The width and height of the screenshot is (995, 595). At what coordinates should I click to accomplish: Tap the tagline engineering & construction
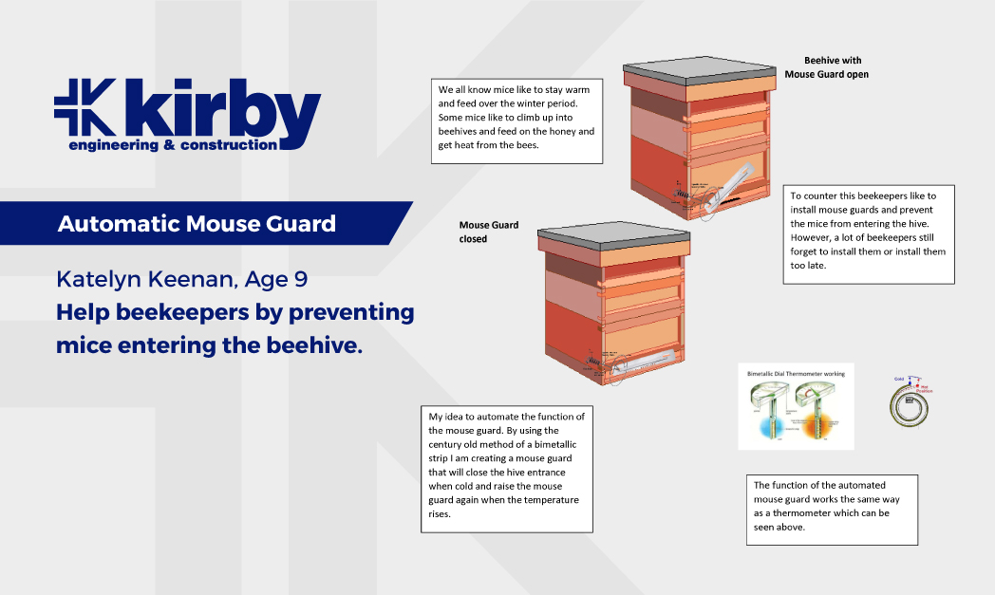coord(173,145)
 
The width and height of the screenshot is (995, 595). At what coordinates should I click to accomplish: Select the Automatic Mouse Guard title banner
coord(197,224)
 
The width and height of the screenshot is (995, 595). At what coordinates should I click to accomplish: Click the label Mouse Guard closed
coord(488,232)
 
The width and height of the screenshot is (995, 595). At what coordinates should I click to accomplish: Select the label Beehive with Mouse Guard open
coord(827,66)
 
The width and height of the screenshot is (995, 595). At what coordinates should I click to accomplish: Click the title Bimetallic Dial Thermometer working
coord(796,374)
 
